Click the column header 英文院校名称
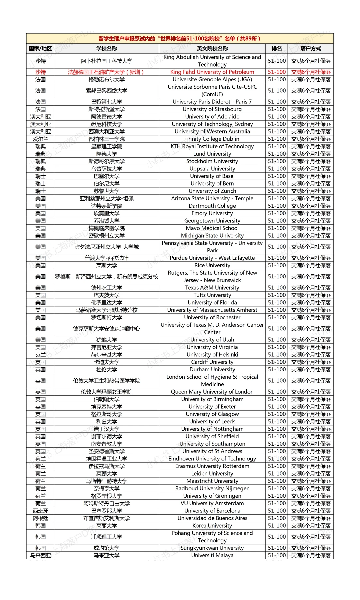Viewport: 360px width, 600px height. point(212,48)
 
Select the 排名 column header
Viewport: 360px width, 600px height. point(276,48)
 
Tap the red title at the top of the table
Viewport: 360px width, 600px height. point(180,38)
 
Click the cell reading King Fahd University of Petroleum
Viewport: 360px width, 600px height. point(212,72)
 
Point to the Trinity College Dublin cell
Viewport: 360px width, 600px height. point(212,139)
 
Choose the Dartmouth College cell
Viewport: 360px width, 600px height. point(212,206)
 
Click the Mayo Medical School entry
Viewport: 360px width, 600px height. point(212,228)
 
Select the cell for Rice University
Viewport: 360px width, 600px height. point(212,265)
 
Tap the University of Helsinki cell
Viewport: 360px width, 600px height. point(212,355)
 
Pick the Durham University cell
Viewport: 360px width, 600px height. point(212,369)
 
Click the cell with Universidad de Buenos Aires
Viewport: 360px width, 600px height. point(212,518)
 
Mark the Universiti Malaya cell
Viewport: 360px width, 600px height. point(212,555)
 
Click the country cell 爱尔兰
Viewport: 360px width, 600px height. point(40,139)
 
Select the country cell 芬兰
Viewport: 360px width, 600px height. point(40,355)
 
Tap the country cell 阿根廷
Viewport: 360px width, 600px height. point(40,518)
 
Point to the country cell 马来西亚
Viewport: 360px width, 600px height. point(40,555)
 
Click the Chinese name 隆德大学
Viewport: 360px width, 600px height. point(106,154)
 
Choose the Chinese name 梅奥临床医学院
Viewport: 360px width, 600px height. point(106,228)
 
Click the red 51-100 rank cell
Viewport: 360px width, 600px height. point(277,72)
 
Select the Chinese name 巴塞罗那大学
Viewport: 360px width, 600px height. point(106,511)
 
